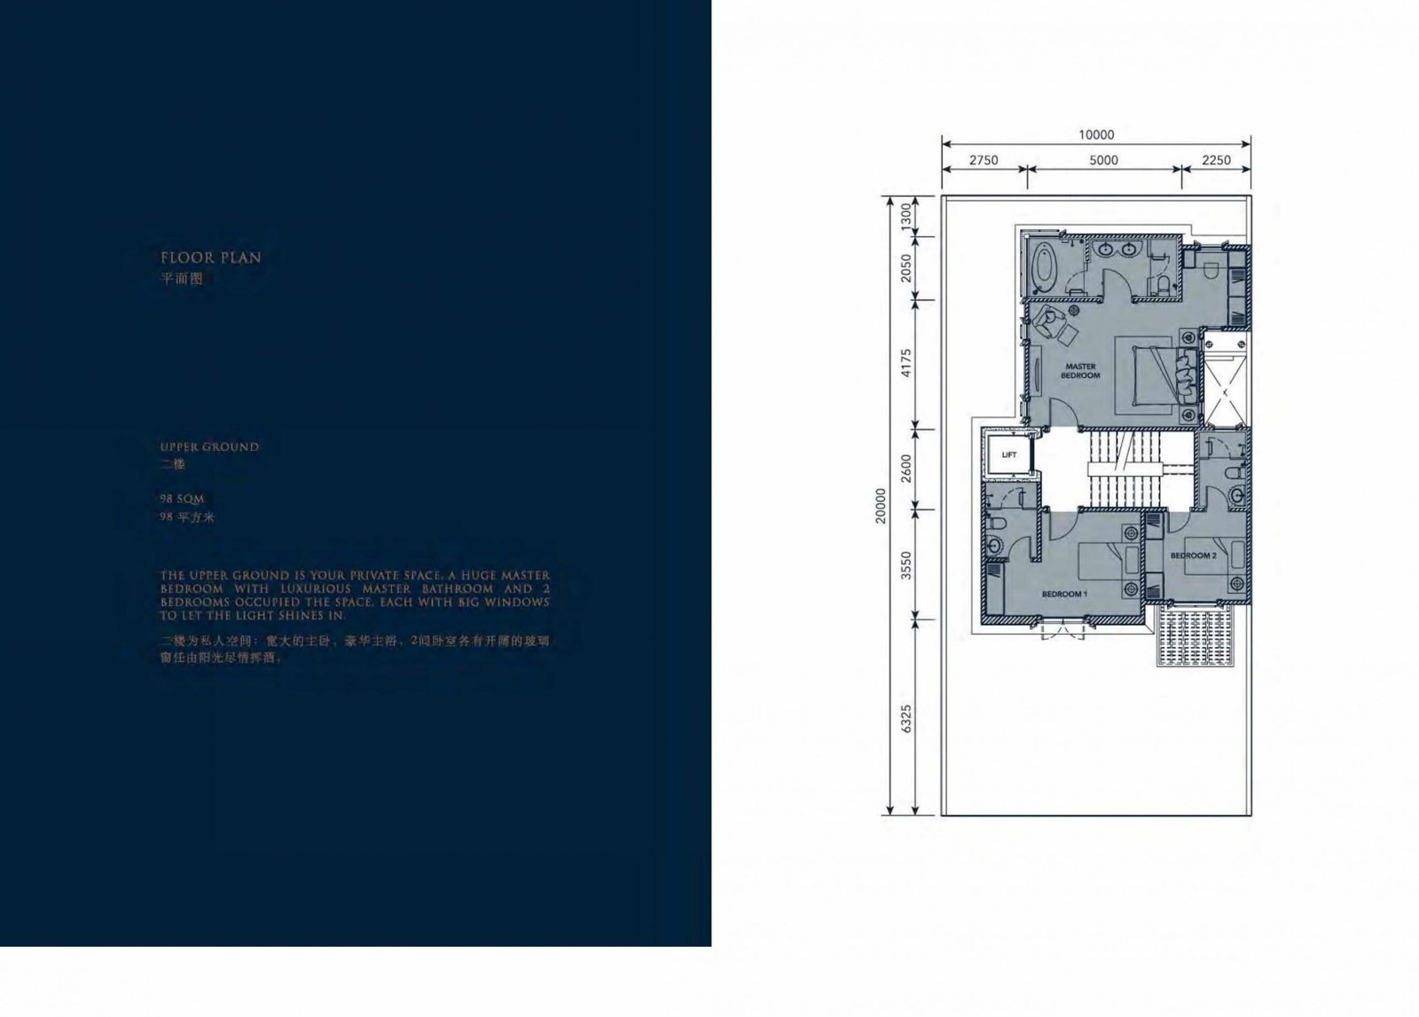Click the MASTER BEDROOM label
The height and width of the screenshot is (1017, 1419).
tap(1080, 371)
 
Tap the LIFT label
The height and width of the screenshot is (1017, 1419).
tap(1008, 455)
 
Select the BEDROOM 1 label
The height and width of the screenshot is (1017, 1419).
tap(1064, 594)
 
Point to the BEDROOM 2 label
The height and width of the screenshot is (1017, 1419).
tap(1193, 556)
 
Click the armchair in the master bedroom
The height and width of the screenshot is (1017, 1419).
tap(1053, 324)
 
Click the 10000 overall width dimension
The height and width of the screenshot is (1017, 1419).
tap(1096, 135)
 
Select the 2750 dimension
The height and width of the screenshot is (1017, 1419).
tap(983, 161)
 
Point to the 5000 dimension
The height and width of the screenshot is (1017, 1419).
tap(1103, 161)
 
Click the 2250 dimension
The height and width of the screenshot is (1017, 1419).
tap(1216, 161)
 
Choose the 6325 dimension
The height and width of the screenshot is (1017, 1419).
tap(905, 718)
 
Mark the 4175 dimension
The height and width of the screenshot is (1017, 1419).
tap(905, 363)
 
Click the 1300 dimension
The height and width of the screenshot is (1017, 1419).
tap(905, 215)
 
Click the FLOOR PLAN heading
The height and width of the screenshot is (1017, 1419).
tap(211, 258)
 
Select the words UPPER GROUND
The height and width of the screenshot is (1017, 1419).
tap(210, 447)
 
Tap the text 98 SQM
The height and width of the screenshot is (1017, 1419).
tap(182, 500)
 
